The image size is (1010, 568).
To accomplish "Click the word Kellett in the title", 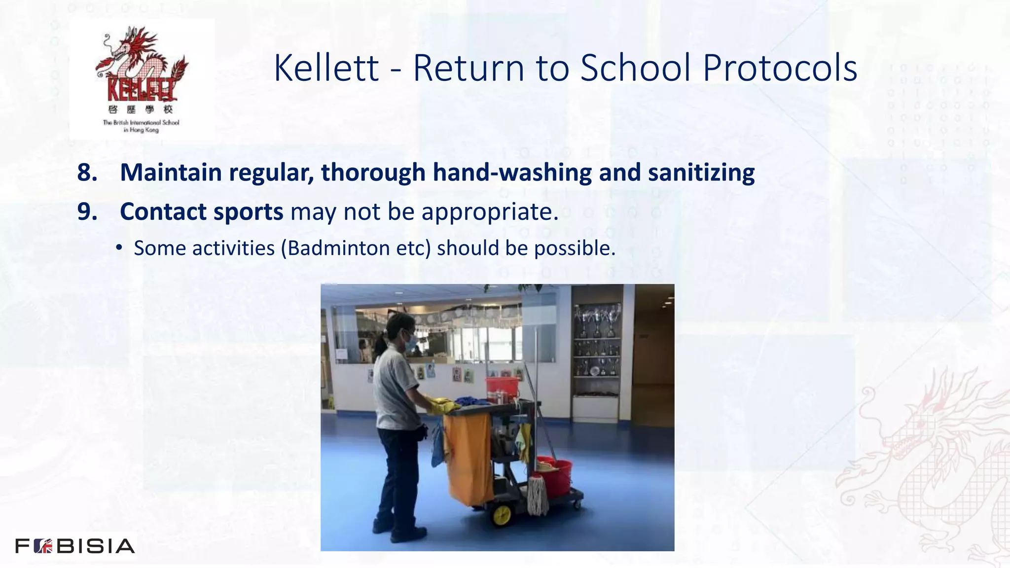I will (326, 68).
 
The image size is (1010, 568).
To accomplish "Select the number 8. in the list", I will (87, 173).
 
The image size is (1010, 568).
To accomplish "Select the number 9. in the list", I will (87, 212).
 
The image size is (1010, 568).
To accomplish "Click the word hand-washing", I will (512, 173).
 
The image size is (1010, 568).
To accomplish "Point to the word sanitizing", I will (701, 173).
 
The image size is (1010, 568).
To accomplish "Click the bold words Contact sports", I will (201, 212).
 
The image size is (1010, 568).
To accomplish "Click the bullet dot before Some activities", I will (119, 248).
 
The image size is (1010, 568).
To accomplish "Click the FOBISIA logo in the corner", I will (75, 546).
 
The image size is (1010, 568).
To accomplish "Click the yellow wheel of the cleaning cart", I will (502, 515).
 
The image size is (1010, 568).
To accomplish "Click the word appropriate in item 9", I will (490, 212).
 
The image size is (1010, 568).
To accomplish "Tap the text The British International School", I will (141, 122).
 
